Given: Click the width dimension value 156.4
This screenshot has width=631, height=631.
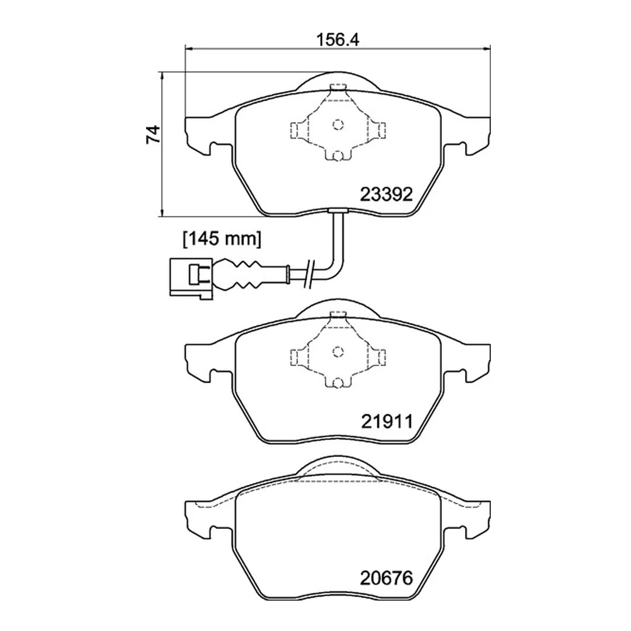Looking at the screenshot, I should pos(337,40).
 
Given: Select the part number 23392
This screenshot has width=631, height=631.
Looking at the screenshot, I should pos(386,194).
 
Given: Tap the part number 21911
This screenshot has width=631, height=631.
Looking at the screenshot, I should pos(386,421).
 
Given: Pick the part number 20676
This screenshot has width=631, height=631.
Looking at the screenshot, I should pos(386,578).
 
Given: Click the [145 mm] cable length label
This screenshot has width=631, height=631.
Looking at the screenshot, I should pos(221,238).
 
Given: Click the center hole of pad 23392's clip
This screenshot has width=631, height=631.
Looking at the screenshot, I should pos(337,124).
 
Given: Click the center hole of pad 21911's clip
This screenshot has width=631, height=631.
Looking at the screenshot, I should pos(337,351).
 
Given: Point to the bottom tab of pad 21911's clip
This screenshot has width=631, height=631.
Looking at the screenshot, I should pos(337,383).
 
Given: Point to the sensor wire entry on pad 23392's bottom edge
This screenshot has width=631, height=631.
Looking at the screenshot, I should pos(337,212).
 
